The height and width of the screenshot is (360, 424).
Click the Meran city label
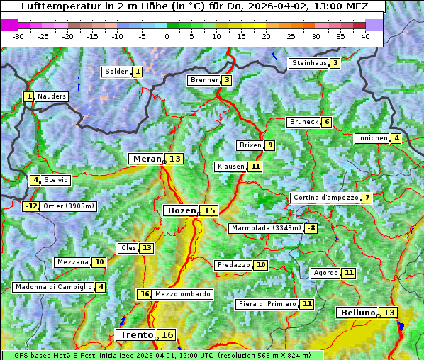tap(147, 159)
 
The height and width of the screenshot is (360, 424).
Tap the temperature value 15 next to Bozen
tap(209, 210)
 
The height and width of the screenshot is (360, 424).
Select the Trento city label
tap(137, 334)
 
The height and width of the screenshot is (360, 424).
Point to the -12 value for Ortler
tap(31, 206)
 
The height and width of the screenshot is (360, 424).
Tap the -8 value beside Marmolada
tap(311, 228)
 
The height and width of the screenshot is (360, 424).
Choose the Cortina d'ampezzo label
tap(325, 198)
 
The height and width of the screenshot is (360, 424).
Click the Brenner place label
tap(204, 80)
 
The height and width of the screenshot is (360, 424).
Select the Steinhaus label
tap(309, 63)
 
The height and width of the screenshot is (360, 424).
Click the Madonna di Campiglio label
tap(53, 287)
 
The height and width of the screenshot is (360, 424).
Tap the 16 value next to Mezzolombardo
tap(145, 294)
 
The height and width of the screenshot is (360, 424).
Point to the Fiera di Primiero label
tap(267, 304)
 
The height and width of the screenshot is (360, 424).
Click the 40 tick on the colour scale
tap(365, 36)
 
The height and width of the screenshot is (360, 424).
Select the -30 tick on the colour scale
tap(18, 36)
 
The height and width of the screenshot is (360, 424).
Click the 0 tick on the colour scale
tap(167, 36)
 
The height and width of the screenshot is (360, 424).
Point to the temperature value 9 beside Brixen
tap(270, 145)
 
